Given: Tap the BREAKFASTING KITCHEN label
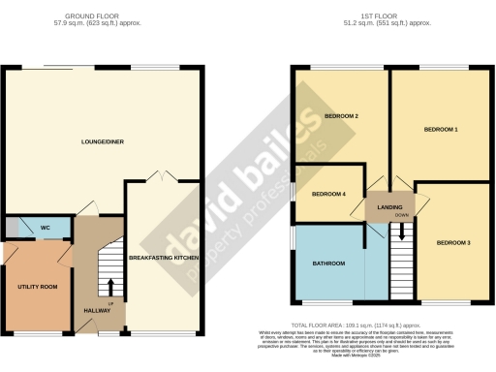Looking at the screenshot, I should pos(166,257).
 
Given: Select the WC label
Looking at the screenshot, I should pos(45,229).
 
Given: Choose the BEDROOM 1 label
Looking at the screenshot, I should pos(441,128).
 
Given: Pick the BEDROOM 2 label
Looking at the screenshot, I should pos(341,117).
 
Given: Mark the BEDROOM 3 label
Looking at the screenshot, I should pos(452,241).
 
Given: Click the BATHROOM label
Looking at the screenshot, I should pos(328,263).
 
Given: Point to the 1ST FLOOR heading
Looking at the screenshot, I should pos(391,16).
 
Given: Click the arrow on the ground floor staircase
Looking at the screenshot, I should pos(109,287).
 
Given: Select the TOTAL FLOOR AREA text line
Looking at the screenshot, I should pos(371,325).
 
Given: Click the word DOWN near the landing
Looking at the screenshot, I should pos(401,215).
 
